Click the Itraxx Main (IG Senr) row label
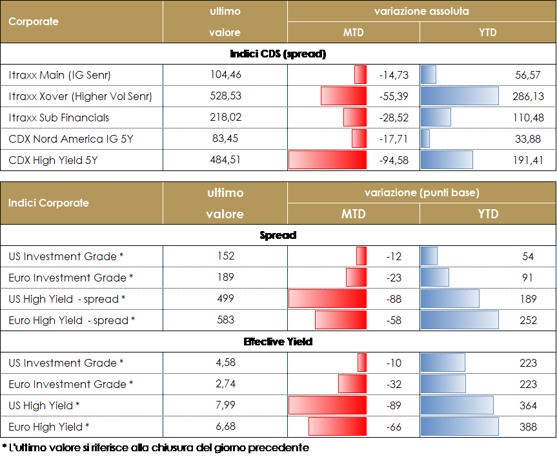click(x=60, y=76)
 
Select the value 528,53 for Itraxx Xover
click(x=226, y=96)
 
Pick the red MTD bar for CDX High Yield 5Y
click(x=327, y=160)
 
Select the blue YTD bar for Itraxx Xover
click(x=460, y=97)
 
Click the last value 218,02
click(x=226, y=117)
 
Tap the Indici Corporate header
click(x=48, y=203)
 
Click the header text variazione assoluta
click(x=421, y=12)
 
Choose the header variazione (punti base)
click(x=421, y=192)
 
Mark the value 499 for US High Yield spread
click(x=226, y=299)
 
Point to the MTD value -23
click(x=394, y=278)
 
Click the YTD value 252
click(x=528, y=320)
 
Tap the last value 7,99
click(x=226, y=405)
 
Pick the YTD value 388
click(x=528, y=427)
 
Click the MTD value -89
click(x=394, y=405)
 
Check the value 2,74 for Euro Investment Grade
click(x=226, y=384)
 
